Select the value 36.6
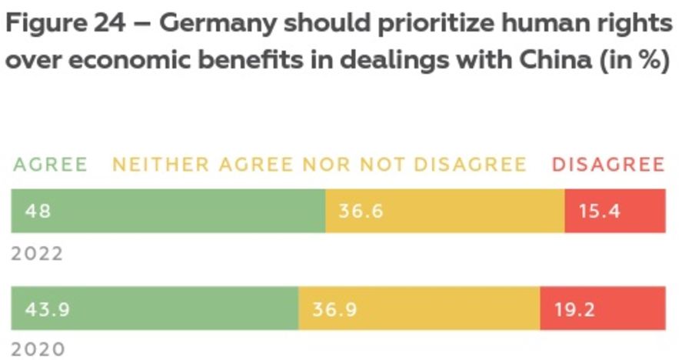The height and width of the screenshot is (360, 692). point(361,210)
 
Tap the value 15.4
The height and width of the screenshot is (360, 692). point(600,210)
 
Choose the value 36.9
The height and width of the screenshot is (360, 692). point(334,309)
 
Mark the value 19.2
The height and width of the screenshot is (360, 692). point(574,309)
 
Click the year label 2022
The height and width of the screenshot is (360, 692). point(37,254)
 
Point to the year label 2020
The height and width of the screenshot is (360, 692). point(37,348)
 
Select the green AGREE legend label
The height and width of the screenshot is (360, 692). point(50,165)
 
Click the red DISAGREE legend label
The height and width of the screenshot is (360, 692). point(607,165)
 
